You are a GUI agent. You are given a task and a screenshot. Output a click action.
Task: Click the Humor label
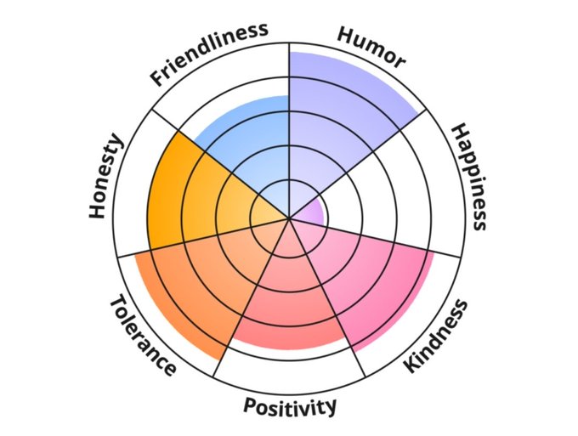[x=371, y=48]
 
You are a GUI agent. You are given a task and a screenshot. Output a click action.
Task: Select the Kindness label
[x=436, y=336]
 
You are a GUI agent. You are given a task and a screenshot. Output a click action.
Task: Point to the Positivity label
[x=290, y=406]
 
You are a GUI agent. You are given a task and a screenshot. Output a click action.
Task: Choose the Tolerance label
[x=142, y=335]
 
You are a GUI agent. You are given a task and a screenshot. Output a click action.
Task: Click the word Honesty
[x=107, y=177]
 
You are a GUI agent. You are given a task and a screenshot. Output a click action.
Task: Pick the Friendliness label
[x=208, y=54]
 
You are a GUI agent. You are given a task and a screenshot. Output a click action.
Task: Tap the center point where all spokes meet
[x=289, y=218]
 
